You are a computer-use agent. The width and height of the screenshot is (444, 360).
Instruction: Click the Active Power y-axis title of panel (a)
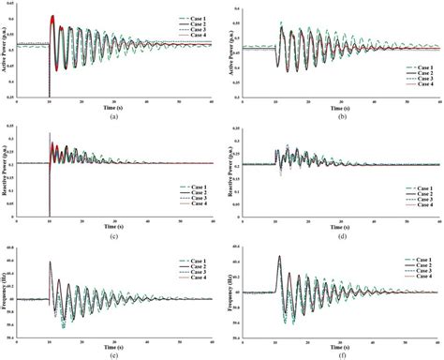click(7, 52)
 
